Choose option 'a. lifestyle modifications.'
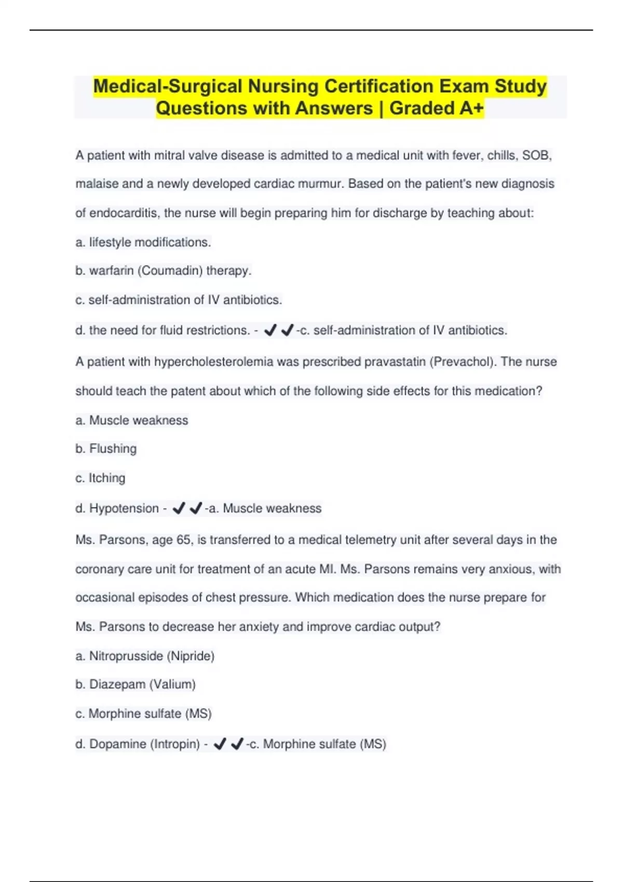click(143, 242)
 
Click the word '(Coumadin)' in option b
click(170, 271)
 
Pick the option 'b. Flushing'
click(106, 449)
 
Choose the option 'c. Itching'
click(100, 478)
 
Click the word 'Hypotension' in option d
click(124, 508)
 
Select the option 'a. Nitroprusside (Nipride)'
click(145, 656)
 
